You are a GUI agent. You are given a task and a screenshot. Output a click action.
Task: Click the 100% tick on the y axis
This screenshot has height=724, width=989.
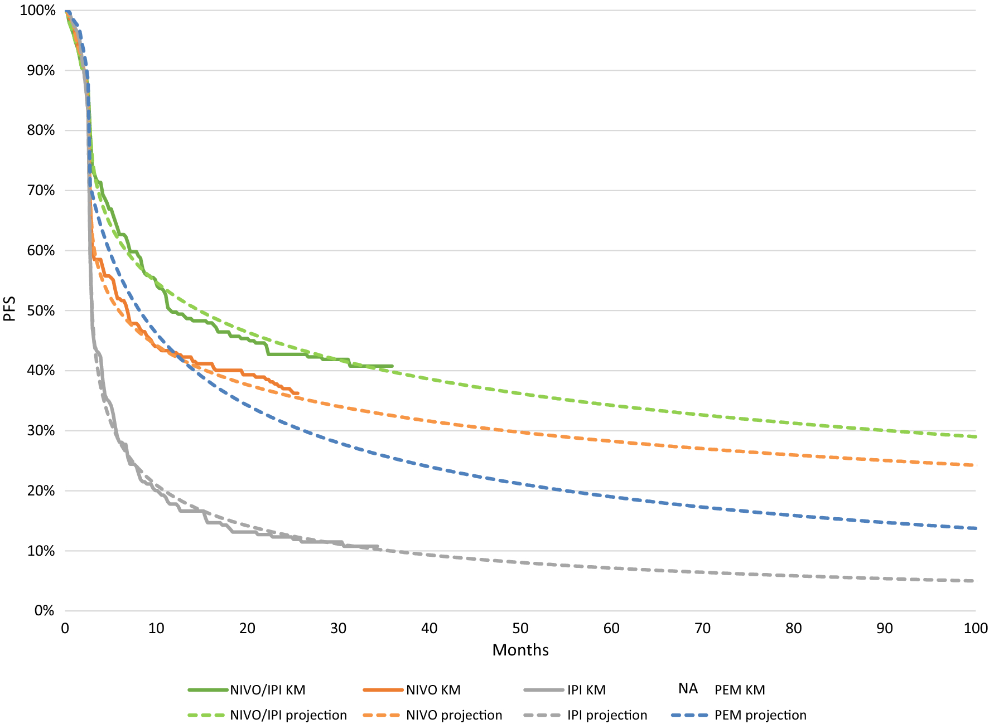(x=38, y=10)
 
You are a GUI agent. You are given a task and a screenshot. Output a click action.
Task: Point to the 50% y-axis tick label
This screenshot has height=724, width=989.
(x=41, y=310)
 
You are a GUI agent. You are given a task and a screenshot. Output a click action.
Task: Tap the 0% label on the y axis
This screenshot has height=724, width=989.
(x=44, y=611)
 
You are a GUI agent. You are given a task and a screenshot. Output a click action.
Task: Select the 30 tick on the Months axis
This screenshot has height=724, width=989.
(x=338, y=628)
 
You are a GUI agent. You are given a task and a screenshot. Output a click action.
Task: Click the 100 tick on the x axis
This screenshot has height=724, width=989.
(x=975, y=628)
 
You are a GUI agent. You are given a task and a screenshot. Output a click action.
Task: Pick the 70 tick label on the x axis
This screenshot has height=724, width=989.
(x=702, y=628)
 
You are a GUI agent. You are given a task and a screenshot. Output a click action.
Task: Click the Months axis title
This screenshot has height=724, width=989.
(x=520, y=650)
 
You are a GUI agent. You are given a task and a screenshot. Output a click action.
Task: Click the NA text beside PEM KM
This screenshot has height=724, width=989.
(x=688, y=689)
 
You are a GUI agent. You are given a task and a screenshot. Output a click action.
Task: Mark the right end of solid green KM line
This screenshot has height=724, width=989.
(x=392, y=366)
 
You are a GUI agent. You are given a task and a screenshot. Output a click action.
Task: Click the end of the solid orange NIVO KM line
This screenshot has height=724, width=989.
(x=298, y=393)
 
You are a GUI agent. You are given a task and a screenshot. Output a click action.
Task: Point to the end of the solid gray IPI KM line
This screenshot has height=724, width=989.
(x=378, y=546)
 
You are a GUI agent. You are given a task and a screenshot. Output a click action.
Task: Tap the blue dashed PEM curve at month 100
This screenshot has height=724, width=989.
(x=975, y=528)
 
